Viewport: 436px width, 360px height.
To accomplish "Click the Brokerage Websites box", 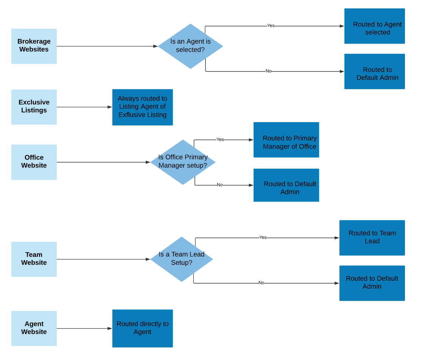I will [34, 46].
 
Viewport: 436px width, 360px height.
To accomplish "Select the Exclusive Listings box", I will [34, 107].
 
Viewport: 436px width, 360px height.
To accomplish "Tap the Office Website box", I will [34, 162].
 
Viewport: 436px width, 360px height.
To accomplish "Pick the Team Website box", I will [34, 259].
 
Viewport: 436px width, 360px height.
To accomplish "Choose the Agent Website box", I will [34, 328].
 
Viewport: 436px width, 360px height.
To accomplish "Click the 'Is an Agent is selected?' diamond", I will [190, 46].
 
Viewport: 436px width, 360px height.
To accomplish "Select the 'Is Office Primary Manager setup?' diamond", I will [183, 162].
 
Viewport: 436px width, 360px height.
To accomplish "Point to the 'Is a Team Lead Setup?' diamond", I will [182, 259].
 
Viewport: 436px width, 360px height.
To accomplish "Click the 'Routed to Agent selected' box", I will [375, 26].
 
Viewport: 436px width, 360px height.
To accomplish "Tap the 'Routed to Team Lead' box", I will [372, 237].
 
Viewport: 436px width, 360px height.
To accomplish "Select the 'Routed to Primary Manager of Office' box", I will [286, 140].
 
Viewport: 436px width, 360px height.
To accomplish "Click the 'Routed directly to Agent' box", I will [142, 328].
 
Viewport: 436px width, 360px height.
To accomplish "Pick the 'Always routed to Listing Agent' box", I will [142, 107].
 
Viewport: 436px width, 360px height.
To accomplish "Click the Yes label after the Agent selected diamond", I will [271, 26].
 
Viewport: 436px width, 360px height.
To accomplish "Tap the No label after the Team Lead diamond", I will [261, 283].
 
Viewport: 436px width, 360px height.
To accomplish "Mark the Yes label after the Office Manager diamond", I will [220, 140].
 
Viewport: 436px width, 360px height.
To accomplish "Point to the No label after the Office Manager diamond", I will [220, 185].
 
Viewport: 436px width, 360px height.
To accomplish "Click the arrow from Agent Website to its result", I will [84, 328].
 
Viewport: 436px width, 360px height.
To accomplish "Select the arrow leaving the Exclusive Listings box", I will [84, 107].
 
